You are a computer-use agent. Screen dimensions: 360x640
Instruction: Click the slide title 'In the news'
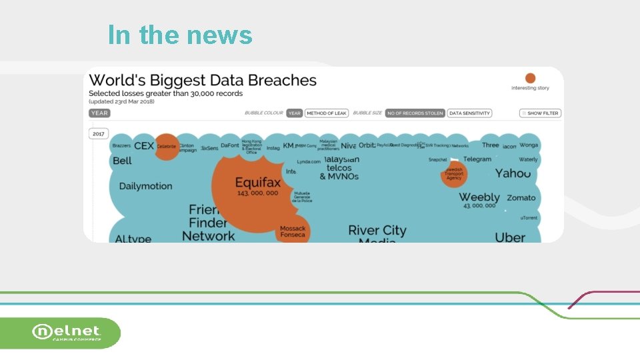tap(180, 35)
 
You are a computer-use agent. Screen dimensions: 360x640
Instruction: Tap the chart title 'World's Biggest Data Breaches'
tap(203, 81)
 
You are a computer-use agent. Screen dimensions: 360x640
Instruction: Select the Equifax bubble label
tap(257, 183)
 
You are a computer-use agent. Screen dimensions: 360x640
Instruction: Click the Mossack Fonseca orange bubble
tap(293, 231)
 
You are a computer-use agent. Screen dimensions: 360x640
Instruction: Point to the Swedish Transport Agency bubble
tap(454, 175)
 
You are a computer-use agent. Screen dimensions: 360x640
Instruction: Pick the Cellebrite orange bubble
tap(166, 147)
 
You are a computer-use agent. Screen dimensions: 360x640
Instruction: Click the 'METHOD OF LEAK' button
tap(327, 113)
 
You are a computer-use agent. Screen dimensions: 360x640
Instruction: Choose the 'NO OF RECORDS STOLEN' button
tap(415, 113)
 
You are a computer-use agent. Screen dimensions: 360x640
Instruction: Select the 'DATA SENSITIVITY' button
tap(469, 113)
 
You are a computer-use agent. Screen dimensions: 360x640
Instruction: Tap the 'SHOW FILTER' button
tap(540, 113)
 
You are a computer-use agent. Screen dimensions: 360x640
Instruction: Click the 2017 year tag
tap(99, 134)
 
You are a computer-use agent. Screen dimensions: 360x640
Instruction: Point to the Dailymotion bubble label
tap(145, 186)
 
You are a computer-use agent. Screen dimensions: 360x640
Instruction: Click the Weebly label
tap(479, 197)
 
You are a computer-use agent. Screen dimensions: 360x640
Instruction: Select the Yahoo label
tap(513, 173)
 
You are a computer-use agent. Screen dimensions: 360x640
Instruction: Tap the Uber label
tap(510, 237)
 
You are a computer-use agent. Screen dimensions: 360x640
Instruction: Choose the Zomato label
tap(521, 198)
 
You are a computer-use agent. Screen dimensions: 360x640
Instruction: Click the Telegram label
tap(477, 159)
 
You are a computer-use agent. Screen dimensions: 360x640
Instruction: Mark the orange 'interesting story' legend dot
tap(530, 78)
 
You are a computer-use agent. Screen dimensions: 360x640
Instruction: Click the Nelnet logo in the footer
tap(67, 332)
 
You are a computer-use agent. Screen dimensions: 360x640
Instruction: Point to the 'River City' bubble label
tap(377, 231)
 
